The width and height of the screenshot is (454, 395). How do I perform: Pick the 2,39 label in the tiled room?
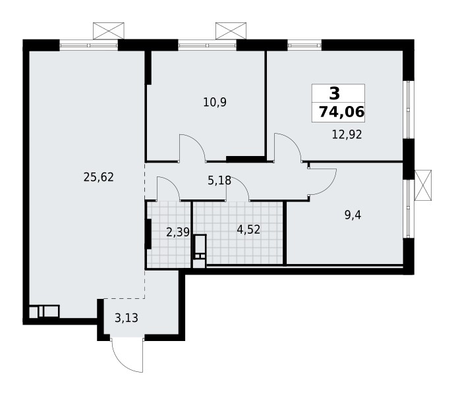(177, 231)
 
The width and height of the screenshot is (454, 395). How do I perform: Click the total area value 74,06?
(341, 112)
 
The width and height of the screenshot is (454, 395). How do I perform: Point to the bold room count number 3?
(335, 93)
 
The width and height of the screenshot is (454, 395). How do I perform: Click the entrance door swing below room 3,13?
(125, 355)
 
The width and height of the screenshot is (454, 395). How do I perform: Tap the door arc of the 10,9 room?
(192, 146)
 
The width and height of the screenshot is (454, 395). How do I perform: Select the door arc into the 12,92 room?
(288, 145)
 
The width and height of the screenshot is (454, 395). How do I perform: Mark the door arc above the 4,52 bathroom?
(237, 189)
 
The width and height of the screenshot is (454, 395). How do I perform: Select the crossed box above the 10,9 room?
(231, 30)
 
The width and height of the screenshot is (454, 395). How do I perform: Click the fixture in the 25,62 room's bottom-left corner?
(44, 311)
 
